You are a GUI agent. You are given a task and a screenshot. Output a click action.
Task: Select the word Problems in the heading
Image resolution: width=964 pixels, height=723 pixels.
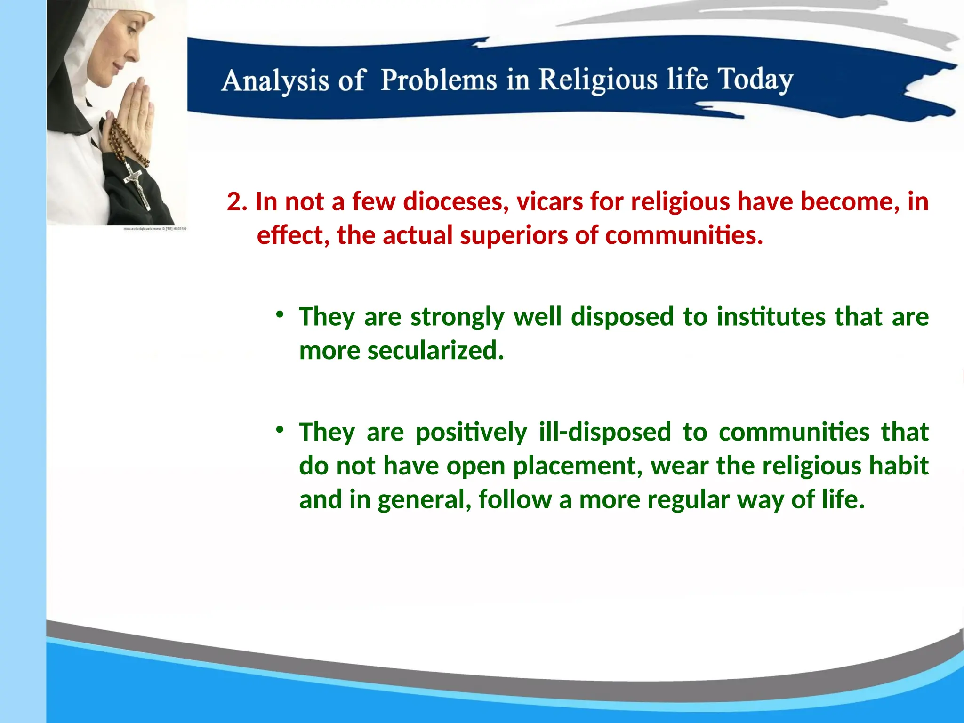point(439,80)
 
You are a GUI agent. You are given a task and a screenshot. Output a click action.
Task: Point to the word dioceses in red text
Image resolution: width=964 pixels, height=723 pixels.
point(456,201)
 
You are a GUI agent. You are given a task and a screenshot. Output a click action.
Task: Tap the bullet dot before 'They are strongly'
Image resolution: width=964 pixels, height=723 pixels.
point(280,314)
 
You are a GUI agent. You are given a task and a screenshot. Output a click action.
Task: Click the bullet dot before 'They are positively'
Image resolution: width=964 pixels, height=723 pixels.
point(280,430)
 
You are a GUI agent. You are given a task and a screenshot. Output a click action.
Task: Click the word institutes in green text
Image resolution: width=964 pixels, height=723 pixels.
point(771,316)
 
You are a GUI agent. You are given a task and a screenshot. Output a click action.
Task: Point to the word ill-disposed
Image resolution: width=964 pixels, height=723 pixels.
point(605,432)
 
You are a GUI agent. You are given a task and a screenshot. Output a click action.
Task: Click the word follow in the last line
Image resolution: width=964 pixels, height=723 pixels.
point(515,500)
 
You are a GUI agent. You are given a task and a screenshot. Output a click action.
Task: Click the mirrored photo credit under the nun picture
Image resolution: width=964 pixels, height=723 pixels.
point(155,229)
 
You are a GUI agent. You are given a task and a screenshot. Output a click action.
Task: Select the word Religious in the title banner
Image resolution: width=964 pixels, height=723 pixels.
point(598,80)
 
